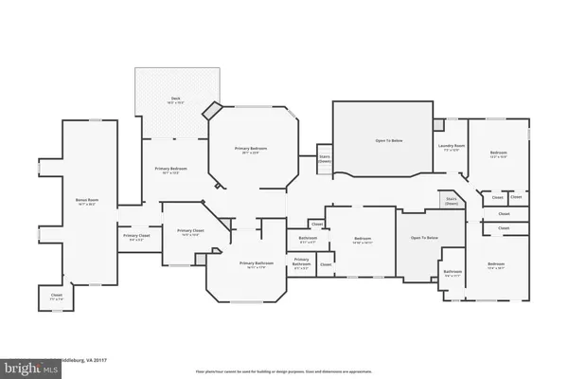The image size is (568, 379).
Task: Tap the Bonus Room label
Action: point(88,199)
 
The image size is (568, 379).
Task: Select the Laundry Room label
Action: point(448,146)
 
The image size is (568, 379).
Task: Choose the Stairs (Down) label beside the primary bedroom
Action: point(324,159)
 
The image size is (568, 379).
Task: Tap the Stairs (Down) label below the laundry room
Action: point(452,202)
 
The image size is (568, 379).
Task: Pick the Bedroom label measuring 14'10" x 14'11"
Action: point(361,239)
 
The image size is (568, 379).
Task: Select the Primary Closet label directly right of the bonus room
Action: point(136,236)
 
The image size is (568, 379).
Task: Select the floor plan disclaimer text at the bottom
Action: point(283,371)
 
